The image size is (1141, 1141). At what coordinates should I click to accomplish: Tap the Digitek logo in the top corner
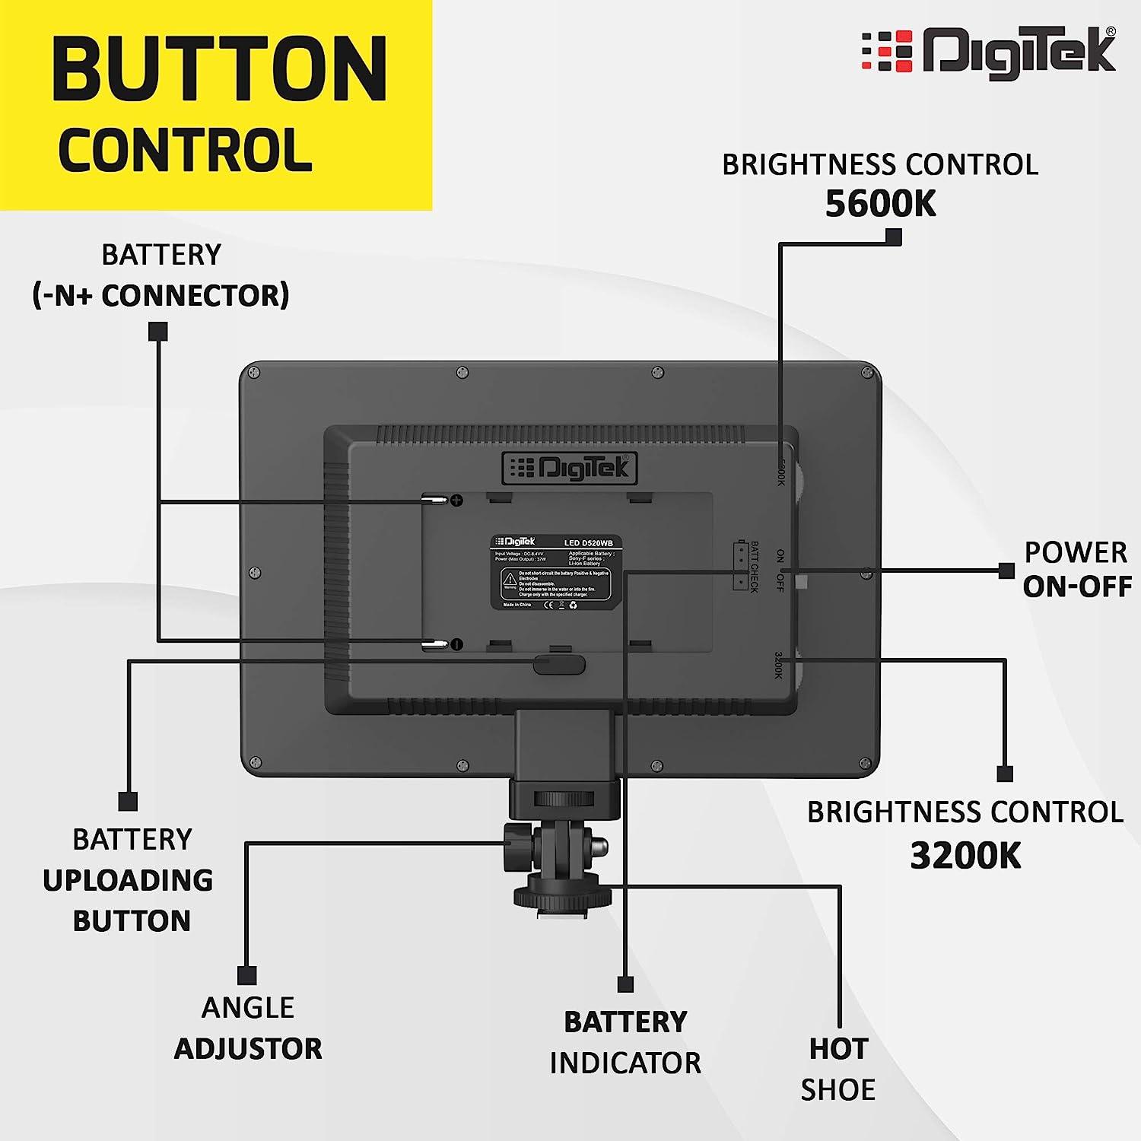point(989,52)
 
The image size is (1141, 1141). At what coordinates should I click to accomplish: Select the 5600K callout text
point(880,204)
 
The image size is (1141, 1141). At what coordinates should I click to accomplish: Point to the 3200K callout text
point(965,856)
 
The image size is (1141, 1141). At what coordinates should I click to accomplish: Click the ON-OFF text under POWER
point(1076,586)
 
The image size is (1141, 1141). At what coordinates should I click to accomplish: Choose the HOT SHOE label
point(838,1069)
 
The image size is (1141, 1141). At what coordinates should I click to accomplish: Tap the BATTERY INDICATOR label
point(625,1042)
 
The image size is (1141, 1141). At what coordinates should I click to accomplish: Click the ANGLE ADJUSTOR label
point(248,1028)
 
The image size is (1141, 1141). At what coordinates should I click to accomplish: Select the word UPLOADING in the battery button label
point(128,880)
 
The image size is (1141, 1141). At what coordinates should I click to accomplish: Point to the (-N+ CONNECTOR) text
point(161,295)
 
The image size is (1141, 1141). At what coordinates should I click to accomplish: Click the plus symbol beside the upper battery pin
point(457,500)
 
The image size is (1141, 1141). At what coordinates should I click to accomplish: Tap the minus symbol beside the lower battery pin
point(456,644)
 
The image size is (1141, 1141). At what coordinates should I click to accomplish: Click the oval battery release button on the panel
point(559,664)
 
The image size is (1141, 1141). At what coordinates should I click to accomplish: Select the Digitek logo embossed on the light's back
point(570,468)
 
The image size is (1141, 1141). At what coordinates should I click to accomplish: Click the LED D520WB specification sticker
point(556,572)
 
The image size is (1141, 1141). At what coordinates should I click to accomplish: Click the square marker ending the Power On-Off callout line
point(1006,570)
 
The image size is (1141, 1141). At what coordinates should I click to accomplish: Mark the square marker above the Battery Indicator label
point(625,984)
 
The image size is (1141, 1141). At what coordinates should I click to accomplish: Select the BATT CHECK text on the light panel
point(755,567)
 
